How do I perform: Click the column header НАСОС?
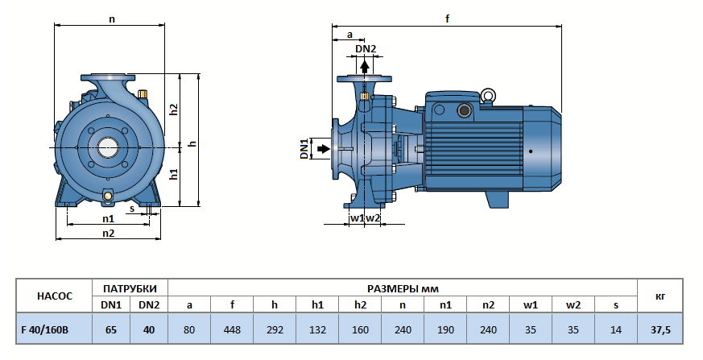click(55, 296)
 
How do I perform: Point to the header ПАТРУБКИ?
click(130, 288)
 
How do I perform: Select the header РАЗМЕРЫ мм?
click(403, 288)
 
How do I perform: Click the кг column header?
click(660, 296)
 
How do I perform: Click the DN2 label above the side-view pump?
click(366, 49)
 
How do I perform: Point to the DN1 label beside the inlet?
click(305, 149)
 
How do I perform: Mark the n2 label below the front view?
click(108, 234)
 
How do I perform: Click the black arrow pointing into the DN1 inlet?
click(323, 149)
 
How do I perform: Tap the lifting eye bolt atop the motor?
click(488, 95)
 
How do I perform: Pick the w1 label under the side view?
click(357, 218)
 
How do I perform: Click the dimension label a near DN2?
click(349, 35)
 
